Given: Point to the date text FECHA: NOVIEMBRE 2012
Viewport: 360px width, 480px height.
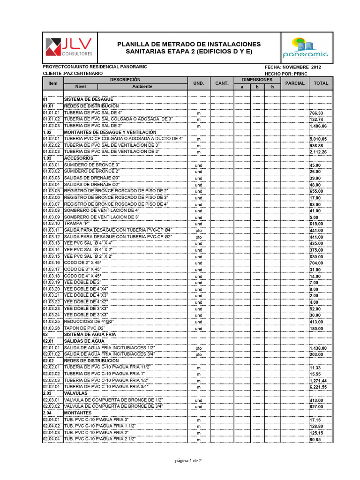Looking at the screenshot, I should coord(293,67).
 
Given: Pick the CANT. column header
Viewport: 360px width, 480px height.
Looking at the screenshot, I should coord(221,83).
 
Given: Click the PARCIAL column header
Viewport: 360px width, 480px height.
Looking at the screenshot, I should coord(295,83).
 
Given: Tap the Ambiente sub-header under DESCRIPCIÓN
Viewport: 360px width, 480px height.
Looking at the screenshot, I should coord(142,87).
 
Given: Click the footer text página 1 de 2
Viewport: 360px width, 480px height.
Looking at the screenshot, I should coord(188,461).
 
